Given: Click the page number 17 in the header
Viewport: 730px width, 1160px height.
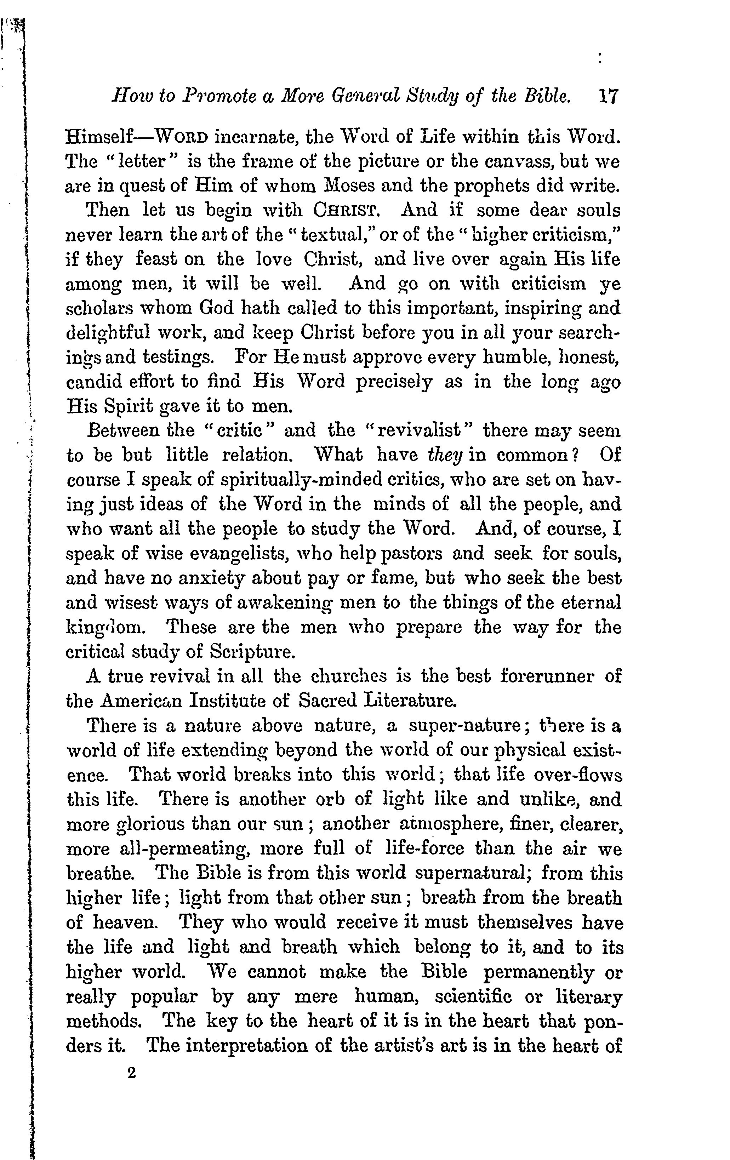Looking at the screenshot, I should (607, 96).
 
